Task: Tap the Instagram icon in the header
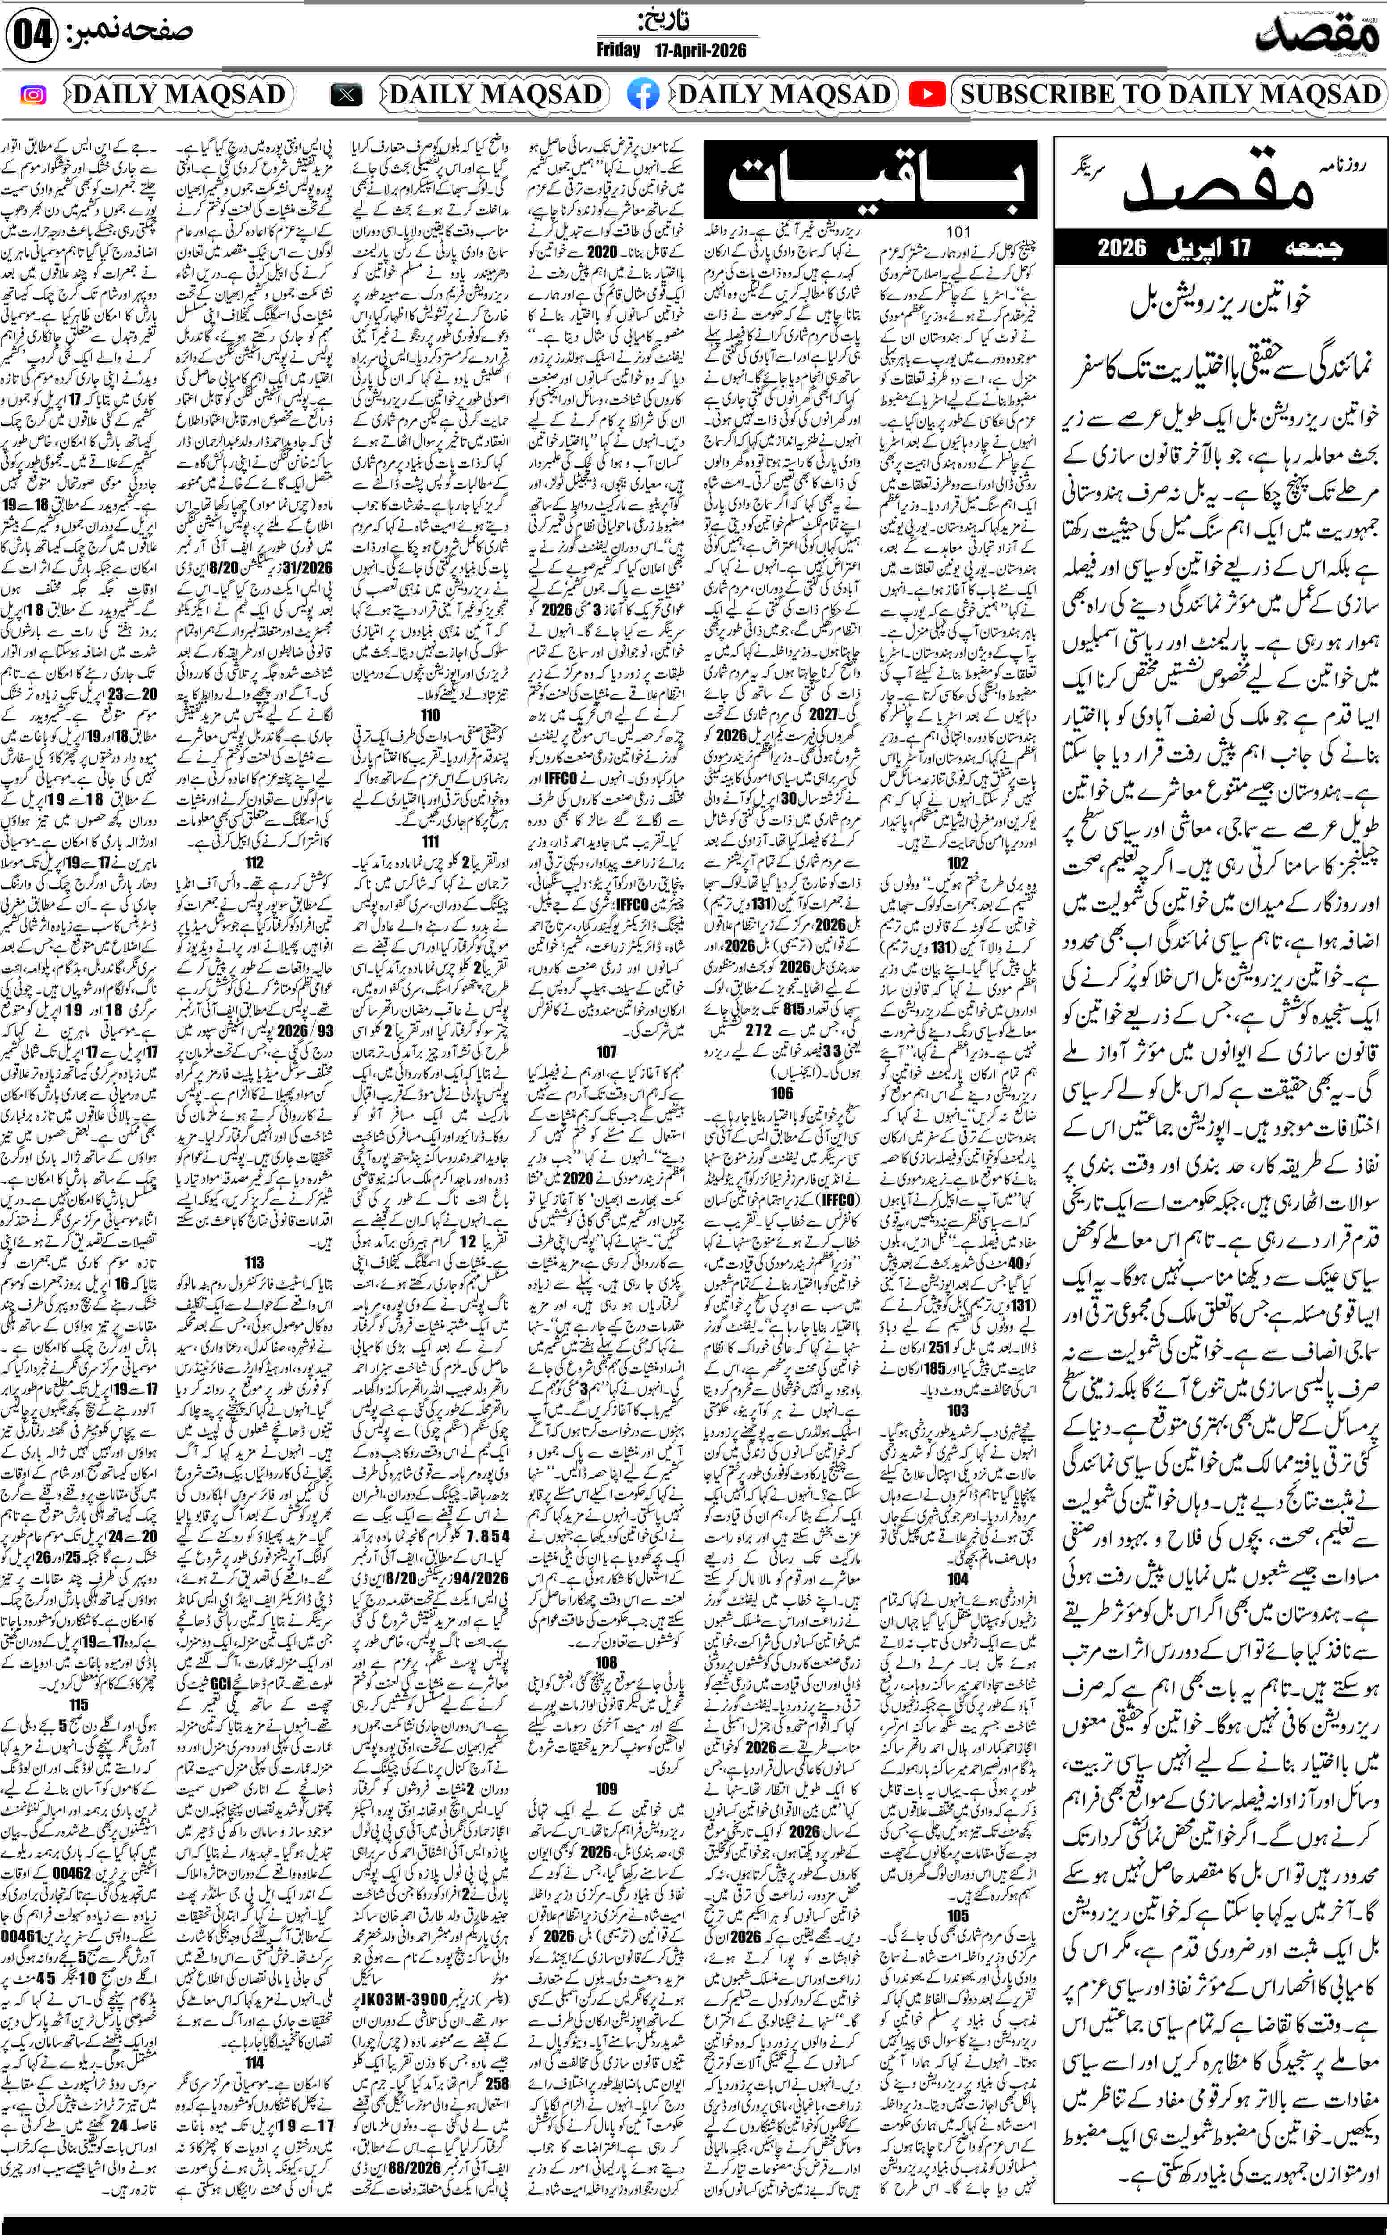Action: [33, 95]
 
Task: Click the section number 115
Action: [79, 1704]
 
